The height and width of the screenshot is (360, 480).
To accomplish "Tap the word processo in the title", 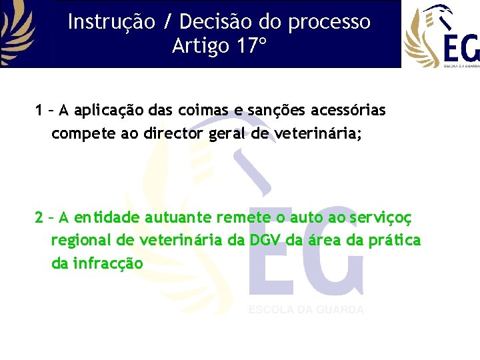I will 330,22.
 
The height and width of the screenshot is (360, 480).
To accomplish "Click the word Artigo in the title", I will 198,47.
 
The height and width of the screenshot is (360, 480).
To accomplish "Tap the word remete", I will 246,217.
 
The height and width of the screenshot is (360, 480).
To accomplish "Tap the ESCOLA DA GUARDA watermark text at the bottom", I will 306,310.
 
